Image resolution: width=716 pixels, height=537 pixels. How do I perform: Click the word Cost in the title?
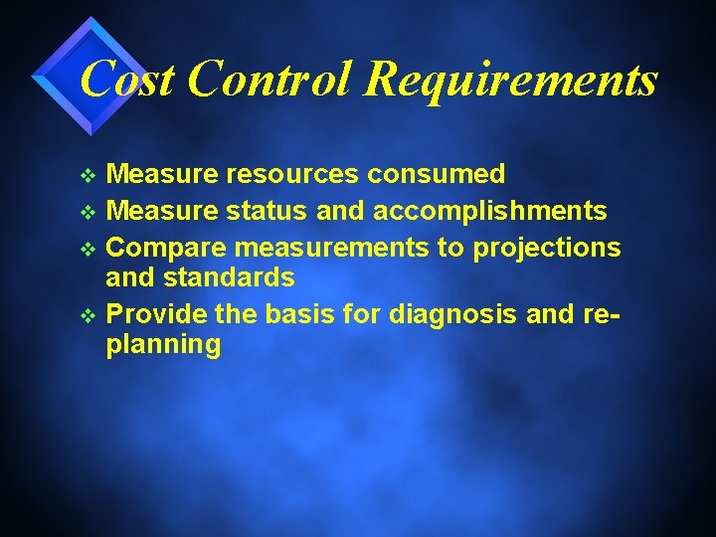click(x=126, y=80)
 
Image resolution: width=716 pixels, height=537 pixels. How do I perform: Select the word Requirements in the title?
click(x=511, y=80)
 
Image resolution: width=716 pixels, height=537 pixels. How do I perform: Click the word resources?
click(x=293, y=175)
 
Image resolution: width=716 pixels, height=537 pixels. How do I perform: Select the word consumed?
click(x=437, y=175)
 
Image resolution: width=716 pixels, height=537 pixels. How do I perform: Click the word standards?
click(x=230, y=276)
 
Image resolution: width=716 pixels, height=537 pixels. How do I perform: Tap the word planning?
click(x=163, y=345)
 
